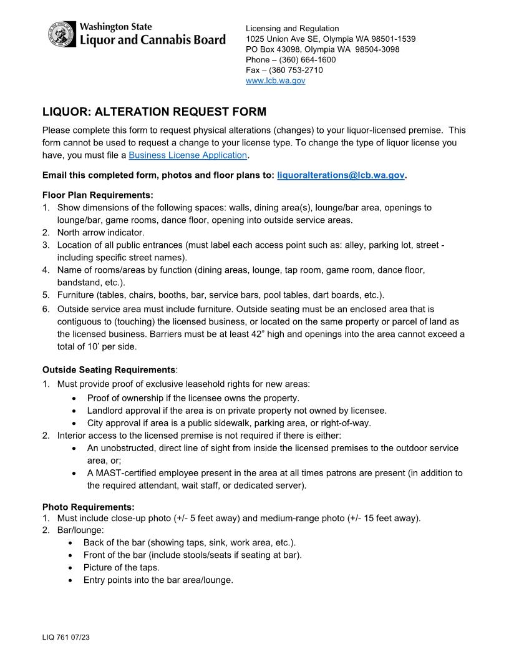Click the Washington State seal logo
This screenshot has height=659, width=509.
click(62, 34)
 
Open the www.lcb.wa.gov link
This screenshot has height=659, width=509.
click(275, 81)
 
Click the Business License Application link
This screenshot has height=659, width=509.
click(188, 155)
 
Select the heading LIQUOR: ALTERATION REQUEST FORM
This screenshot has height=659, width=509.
click(154, 112)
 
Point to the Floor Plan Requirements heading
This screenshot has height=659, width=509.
click(97, 195)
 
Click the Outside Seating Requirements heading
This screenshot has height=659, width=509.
click(109, 369)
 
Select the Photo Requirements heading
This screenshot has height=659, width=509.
click(88, 506)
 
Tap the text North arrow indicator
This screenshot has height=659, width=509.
click(100, 232)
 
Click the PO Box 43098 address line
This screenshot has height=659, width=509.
click(322, 49)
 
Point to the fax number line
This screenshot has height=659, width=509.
click(284, 70)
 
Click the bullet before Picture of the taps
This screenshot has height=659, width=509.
click(75, 568)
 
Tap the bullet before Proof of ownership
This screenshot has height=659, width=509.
click(75, 398)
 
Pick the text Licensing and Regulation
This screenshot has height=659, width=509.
click(293, 28)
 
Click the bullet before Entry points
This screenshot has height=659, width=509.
click(75, 580)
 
